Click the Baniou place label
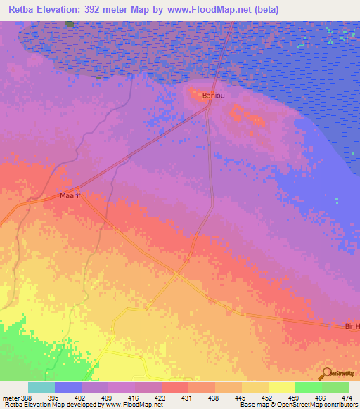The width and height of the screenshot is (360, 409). tap(213, 94)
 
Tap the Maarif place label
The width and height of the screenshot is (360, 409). tap(72, 196)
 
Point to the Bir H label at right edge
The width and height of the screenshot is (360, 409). tap(352, 326)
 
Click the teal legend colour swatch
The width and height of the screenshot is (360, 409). tap(41, 387)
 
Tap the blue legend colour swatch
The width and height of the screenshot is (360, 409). tap(67, 387)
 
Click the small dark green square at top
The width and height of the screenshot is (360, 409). tap(69, 23)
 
